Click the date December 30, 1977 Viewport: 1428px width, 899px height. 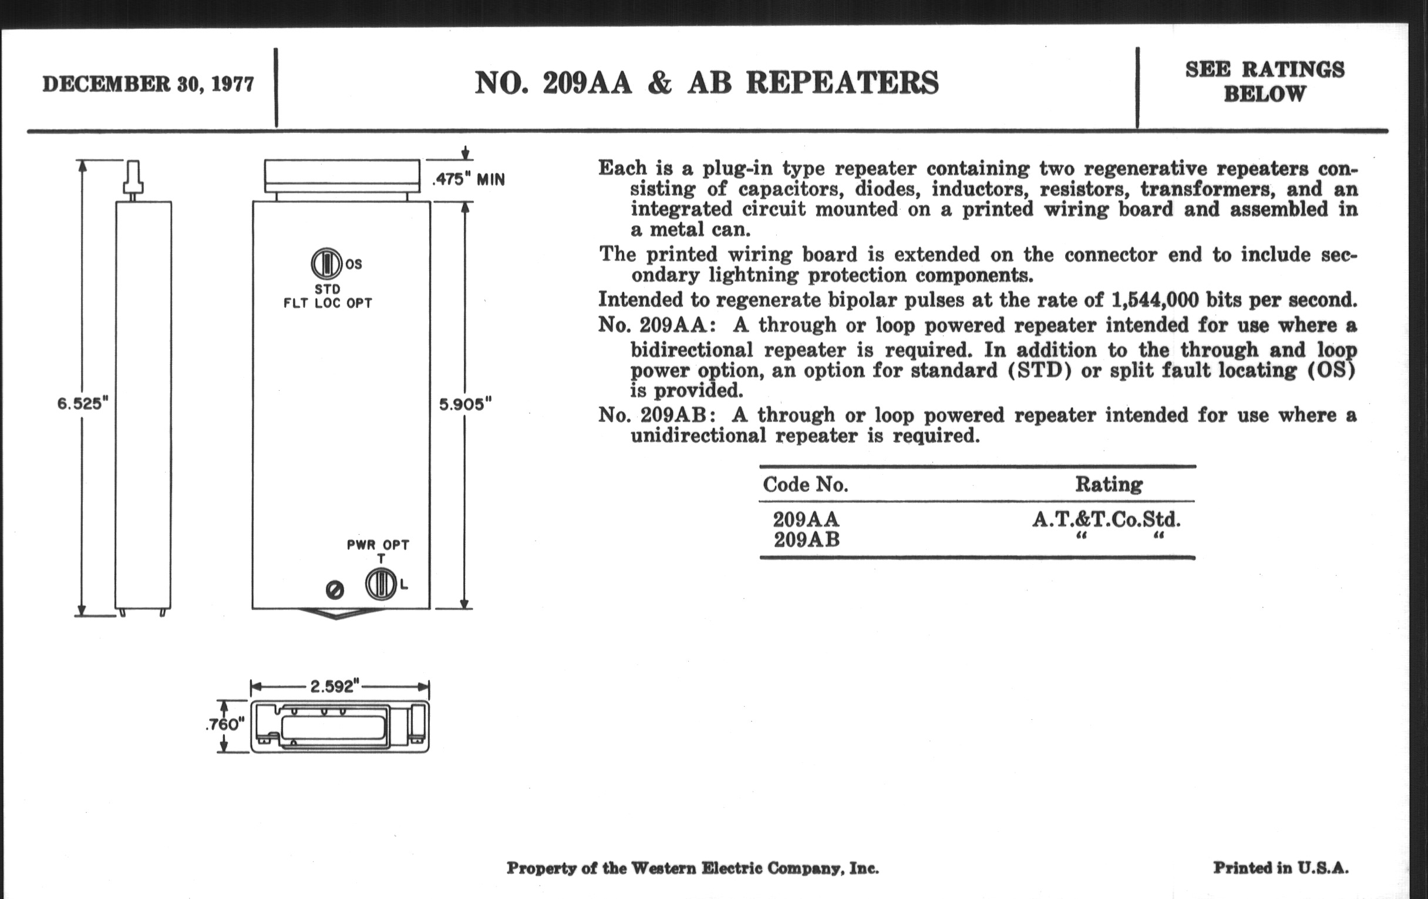[x=147, y=84]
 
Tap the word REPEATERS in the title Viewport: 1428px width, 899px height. [x=842, y=83]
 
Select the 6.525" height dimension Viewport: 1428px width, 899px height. [x=82, y=404]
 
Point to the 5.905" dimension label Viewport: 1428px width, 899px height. [x=465, y=404]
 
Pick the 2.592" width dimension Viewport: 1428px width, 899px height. [x=335, y=686]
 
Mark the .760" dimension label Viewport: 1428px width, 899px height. [x=225, y=724]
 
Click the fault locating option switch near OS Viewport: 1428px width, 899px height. [x=326, y=263]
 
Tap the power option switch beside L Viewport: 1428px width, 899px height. [x=380, y=585]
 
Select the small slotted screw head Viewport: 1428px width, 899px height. [x=335, y=590]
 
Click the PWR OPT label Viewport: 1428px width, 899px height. [x=378, y=545]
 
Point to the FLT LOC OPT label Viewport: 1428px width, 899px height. [x=328, y=303]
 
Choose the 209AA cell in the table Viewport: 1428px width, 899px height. [x=806, y=520]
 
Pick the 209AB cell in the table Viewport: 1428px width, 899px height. [x=807, y=540]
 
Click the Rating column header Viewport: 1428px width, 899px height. [x=1109, y=484]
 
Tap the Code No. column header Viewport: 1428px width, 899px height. [x=806, y=485]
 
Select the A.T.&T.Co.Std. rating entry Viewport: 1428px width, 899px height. [x=1107, y=520]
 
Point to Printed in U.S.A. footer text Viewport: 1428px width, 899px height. [x=1281, y=868]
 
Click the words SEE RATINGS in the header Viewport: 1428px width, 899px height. [x=1264, y=70]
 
